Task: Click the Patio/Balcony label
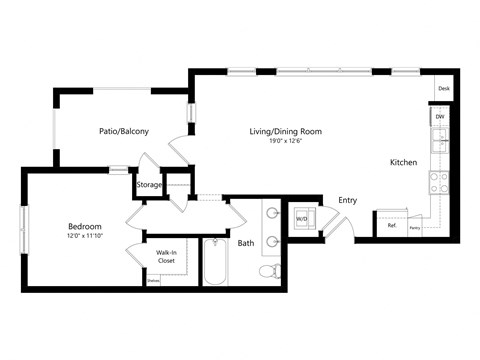point(125,131)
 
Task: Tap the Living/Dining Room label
point(285,131)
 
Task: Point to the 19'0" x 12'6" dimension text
point(285,142)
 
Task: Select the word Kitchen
point(403,162)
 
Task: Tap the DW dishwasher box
point(440,118)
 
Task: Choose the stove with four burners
point(438,181)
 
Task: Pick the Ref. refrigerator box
point(392,225)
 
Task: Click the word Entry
point(347,201)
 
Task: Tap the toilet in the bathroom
point(268,269)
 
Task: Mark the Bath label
point(246,243)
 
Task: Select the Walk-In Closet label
point(166,258)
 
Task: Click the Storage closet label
point(149,184)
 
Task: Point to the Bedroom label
point(84,226)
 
